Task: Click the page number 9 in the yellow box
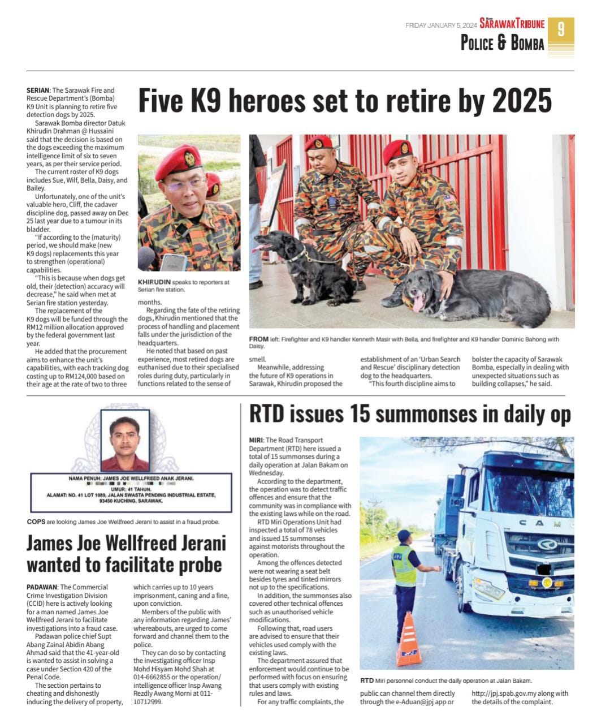click(x=560, y=30)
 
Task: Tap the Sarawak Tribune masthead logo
click(x=512, y=24)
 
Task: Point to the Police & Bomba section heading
click(x=502, y=44)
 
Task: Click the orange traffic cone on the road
click(x=408, y=640)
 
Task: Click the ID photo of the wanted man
click(x=125, y=441)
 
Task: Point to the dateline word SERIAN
click(x=38, y=90)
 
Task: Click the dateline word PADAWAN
click(x=41, y=587)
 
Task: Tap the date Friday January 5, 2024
click(x=441, y=25)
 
